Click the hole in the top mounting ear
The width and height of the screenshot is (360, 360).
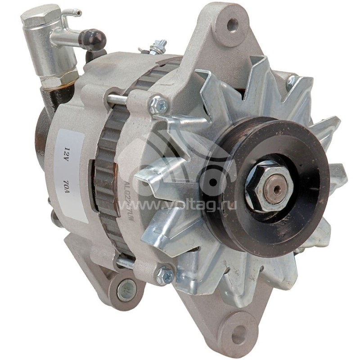233,24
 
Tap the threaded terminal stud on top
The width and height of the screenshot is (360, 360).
158,46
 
